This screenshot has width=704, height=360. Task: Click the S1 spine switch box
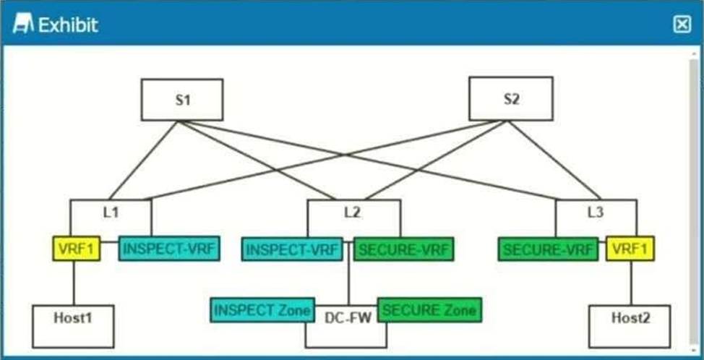(182, 100)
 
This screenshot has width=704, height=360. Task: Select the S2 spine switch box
(511, 99)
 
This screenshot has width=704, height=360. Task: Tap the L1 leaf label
(111, 213)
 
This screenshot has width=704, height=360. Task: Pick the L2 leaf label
(353, 213)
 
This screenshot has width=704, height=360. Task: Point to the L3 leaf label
(596, 213)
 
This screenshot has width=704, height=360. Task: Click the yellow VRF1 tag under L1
(77, 249)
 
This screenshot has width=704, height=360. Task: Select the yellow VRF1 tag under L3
(630, 249)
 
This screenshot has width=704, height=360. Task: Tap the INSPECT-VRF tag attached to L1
(169, 249)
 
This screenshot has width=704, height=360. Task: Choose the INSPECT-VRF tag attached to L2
(292, 249)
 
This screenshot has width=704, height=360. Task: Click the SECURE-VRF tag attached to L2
(403, 249)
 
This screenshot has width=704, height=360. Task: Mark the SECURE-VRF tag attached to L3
(548, 249)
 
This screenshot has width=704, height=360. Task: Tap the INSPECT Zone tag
(262, 310)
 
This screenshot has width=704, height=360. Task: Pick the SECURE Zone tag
(429, 310)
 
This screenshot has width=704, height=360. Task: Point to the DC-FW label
(345, 319)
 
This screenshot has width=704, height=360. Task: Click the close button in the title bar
(682, 25)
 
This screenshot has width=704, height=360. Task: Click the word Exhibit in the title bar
(68, 25)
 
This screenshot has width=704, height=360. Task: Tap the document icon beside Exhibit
(23, 25)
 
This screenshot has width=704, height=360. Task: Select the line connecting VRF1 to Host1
(74, 283)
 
